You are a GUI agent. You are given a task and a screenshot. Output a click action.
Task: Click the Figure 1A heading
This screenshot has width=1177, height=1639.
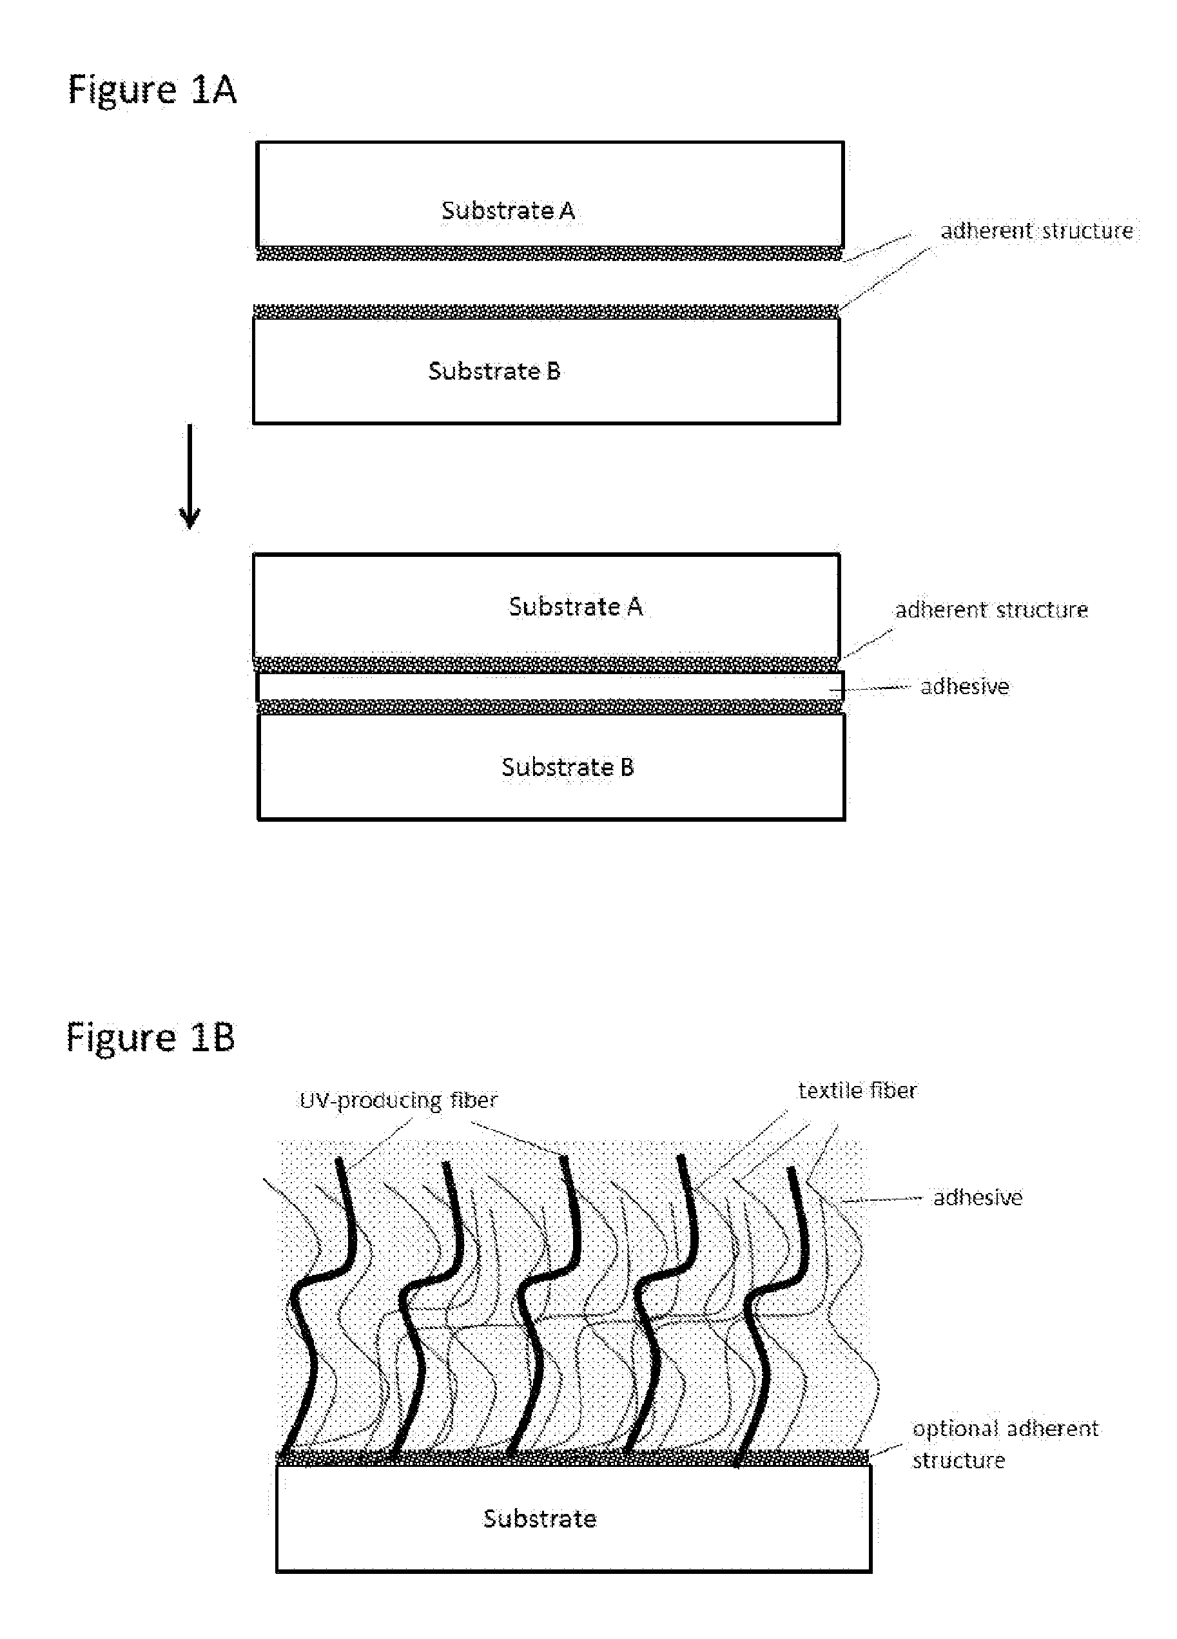[x=151, y=91]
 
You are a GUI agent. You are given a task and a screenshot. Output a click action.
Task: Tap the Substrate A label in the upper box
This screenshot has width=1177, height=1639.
[x=508, y=210]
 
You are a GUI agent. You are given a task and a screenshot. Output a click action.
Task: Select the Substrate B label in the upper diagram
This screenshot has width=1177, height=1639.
[x=494, y=371]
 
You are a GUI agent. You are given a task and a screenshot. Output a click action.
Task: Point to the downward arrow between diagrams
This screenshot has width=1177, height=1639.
[x=190, y=477]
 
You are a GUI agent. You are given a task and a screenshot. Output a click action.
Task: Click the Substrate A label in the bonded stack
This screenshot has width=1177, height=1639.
[x=575, y=606]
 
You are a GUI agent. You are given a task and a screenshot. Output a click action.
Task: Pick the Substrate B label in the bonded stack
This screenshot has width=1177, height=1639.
[x=568, y=767]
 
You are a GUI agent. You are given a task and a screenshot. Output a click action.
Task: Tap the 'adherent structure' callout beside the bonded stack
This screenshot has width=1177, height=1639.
[x=991, y=610]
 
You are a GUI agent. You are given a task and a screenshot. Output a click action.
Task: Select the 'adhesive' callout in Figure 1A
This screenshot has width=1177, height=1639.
[x=964, y=686]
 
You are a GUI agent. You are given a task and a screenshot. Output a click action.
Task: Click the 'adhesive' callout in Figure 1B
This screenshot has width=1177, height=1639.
[x=978, y=1198]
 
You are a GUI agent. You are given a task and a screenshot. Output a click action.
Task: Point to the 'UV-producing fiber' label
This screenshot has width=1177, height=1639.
[x=399, y=1101]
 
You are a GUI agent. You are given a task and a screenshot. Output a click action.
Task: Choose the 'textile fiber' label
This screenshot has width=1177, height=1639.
[x=857, y=1090]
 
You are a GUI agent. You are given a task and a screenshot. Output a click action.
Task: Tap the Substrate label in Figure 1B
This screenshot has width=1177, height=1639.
[x=540, y=1518]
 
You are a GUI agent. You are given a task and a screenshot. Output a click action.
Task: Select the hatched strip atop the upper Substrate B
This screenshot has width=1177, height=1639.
[x=546, y=311]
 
